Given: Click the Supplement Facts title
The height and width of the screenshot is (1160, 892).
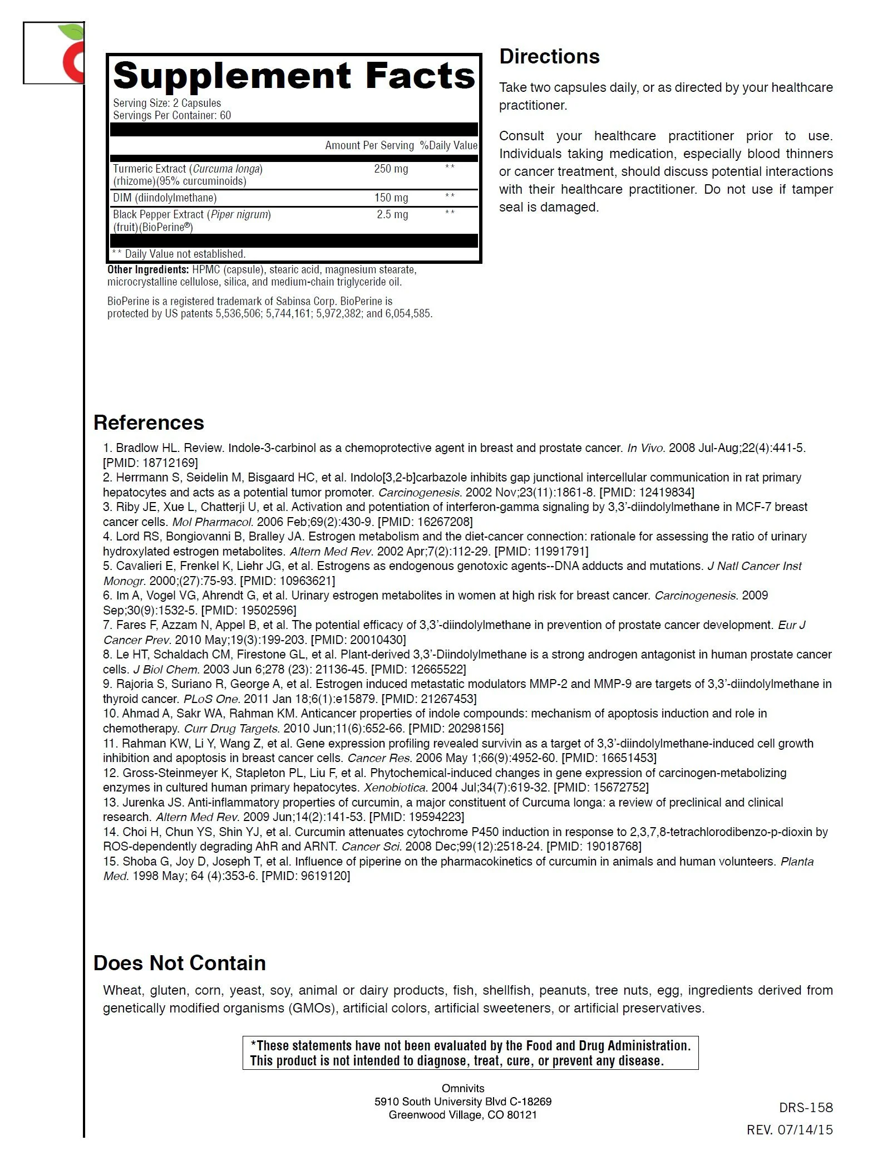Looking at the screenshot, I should coord(294,76).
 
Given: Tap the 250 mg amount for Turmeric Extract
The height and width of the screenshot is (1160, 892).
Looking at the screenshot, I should coord(391,169).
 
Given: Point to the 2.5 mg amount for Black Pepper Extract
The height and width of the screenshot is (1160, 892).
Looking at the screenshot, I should coord(392,214).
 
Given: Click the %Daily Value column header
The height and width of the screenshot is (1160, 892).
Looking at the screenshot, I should coord(449,145).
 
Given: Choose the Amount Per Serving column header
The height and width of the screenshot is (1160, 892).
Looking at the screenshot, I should coord(369,145).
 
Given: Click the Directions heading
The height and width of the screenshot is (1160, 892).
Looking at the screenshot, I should coord(549,56).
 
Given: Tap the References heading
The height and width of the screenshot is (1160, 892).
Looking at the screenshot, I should coord(149,422).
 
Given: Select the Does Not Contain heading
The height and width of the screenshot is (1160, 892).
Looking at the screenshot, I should coord(179,963).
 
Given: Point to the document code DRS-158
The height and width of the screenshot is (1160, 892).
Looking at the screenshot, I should coord(806,1108).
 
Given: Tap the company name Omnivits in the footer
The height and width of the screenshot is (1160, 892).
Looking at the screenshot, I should coord(463,1088).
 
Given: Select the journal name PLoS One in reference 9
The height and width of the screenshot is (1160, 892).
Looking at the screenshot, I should coord(212,699).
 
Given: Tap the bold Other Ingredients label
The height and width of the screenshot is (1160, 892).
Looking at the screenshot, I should coord(148,269).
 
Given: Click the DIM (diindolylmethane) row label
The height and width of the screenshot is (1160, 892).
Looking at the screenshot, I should coord(165,198).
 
